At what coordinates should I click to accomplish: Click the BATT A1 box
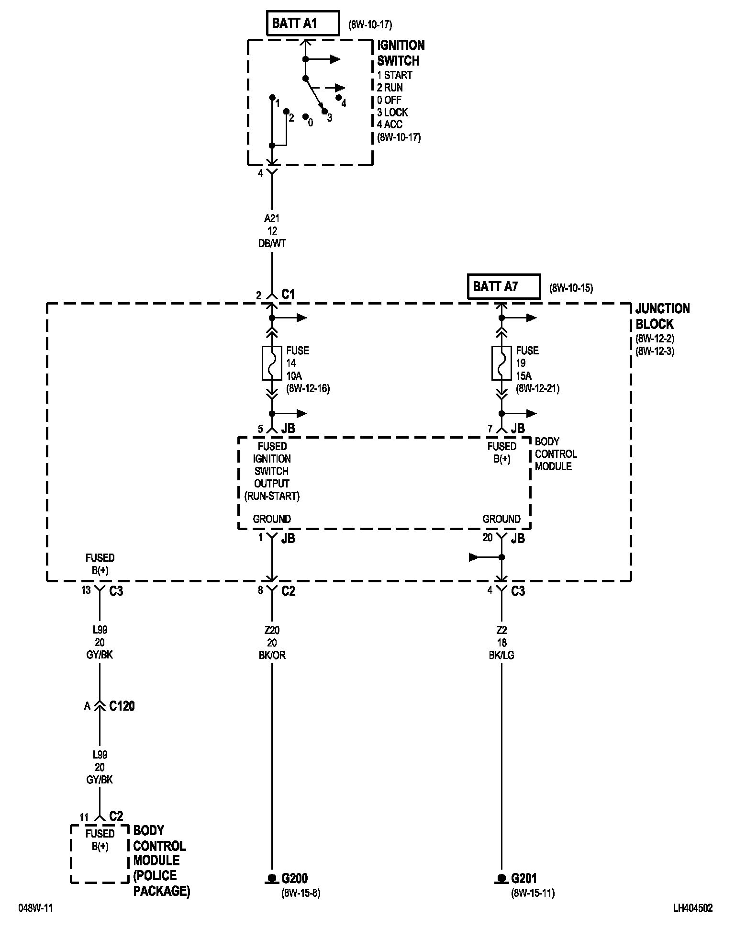302,23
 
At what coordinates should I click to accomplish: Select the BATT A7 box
503,286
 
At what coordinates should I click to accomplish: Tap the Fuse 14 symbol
272,363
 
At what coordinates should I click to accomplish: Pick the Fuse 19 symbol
501,363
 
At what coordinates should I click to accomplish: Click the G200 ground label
294,878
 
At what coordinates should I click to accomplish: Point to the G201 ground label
524,878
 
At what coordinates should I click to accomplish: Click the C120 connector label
122,706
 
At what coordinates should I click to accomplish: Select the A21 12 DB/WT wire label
272,231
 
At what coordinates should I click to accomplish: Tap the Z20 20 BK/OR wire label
272,643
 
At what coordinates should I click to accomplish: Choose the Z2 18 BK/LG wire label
501,643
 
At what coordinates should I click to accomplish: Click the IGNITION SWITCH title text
401,53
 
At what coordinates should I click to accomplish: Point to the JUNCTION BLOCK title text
662,316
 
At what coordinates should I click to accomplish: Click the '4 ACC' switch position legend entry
390,125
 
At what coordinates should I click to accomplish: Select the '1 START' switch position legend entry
394,75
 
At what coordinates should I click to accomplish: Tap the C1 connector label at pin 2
288,295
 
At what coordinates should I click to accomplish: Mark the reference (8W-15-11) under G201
533,893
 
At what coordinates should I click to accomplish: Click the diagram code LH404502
692,908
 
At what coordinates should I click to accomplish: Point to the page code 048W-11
35,908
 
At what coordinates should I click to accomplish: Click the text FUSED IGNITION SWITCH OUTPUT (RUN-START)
272,471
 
